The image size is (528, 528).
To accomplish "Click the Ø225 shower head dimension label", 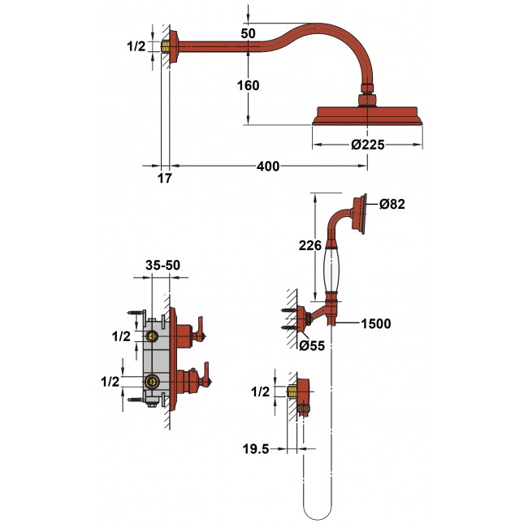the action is (x=367, y=145).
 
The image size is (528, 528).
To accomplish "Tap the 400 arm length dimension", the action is (x=268, y=167).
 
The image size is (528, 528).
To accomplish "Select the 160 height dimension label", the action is (x=249, y=85).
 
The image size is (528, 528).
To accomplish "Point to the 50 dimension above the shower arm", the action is (x=249, y=33).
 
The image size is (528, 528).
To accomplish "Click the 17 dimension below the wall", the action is (x=165, y=179).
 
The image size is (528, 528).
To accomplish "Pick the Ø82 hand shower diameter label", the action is (x=392, y=204).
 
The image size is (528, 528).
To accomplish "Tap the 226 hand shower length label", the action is (x=310, y=245).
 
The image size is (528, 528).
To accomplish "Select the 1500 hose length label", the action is (x=376, y=323).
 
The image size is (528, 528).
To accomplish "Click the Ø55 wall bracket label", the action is (x=312, y=345).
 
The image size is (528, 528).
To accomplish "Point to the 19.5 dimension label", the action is (x=256, y=449).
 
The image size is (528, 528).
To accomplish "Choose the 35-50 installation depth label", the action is (x=163, y=266).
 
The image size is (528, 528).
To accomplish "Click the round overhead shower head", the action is (x=367, y=116).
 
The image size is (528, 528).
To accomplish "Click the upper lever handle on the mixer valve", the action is (x=201, y=329).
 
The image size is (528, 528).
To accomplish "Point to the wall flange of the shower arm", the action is (x=173, y=47).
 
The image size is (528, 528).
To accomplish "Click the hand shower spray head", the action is (x=360, y=214).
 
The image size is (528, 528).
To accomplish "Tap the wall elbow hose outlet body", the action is (x=303, y=395).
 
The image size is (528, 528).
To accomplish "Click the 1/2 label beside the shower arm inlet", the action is (x=136, y=46).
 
